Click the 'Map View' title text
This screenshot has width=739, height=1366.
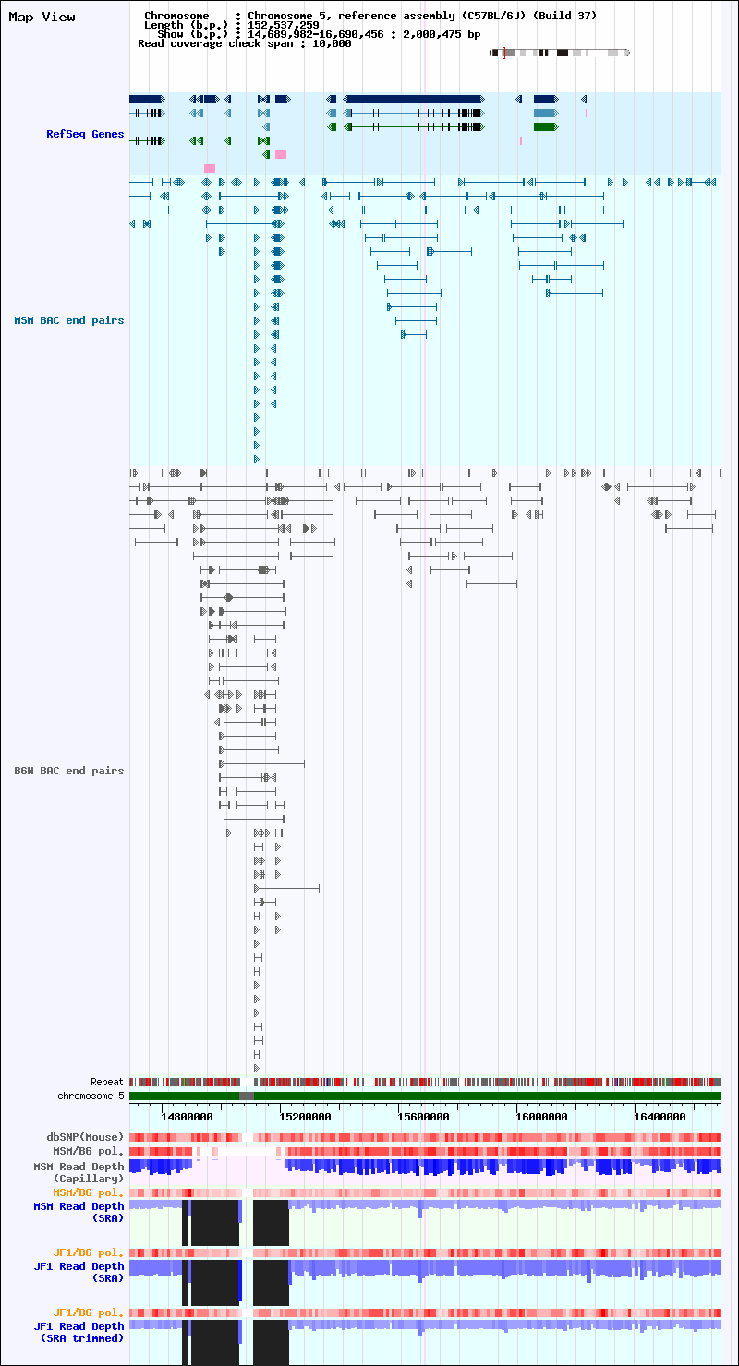pos(42,17)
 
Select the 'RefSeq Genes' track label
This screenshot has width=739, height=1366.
pos(85,134)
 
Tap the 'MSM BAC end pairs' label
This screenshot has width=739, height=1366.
pos(69,320)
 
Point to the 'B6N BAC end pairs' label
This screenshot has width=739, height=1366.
pos(69,771)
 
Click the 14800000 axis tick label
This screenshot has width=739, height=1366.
pos(187,1117)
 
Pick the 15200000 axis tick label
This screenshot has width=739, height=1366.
pos(305,1117)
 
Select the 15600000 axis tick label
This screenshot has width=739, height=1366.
pos(423,1117)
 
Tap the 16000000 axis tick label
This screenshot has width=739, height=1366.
pos(541,1117)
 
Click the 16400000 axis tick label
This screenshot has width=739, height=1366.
pos(660,1117)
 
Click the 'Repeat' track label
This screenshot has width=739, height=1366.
pos(107,1082)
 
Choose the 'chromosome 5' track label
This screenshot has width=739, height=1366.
pos(91,1096)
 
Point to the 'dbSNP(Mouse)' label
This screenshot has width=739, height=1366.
pos(85,1137)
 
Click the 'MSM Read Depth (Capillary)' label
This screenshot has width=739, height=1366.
pos(79,1173)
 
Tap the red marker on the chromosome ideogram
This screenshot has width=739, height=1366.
pos(503,53)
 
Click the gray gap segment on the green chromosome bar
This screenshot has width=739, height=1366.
pos(247,1096)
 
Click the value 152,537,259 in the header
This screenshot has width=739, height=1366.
pos(284,25)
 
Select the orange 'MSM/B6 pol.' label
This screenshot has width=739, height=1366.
pos(88,1192)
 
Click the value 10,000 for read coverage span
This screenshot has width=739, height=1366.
pos(332,44)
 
